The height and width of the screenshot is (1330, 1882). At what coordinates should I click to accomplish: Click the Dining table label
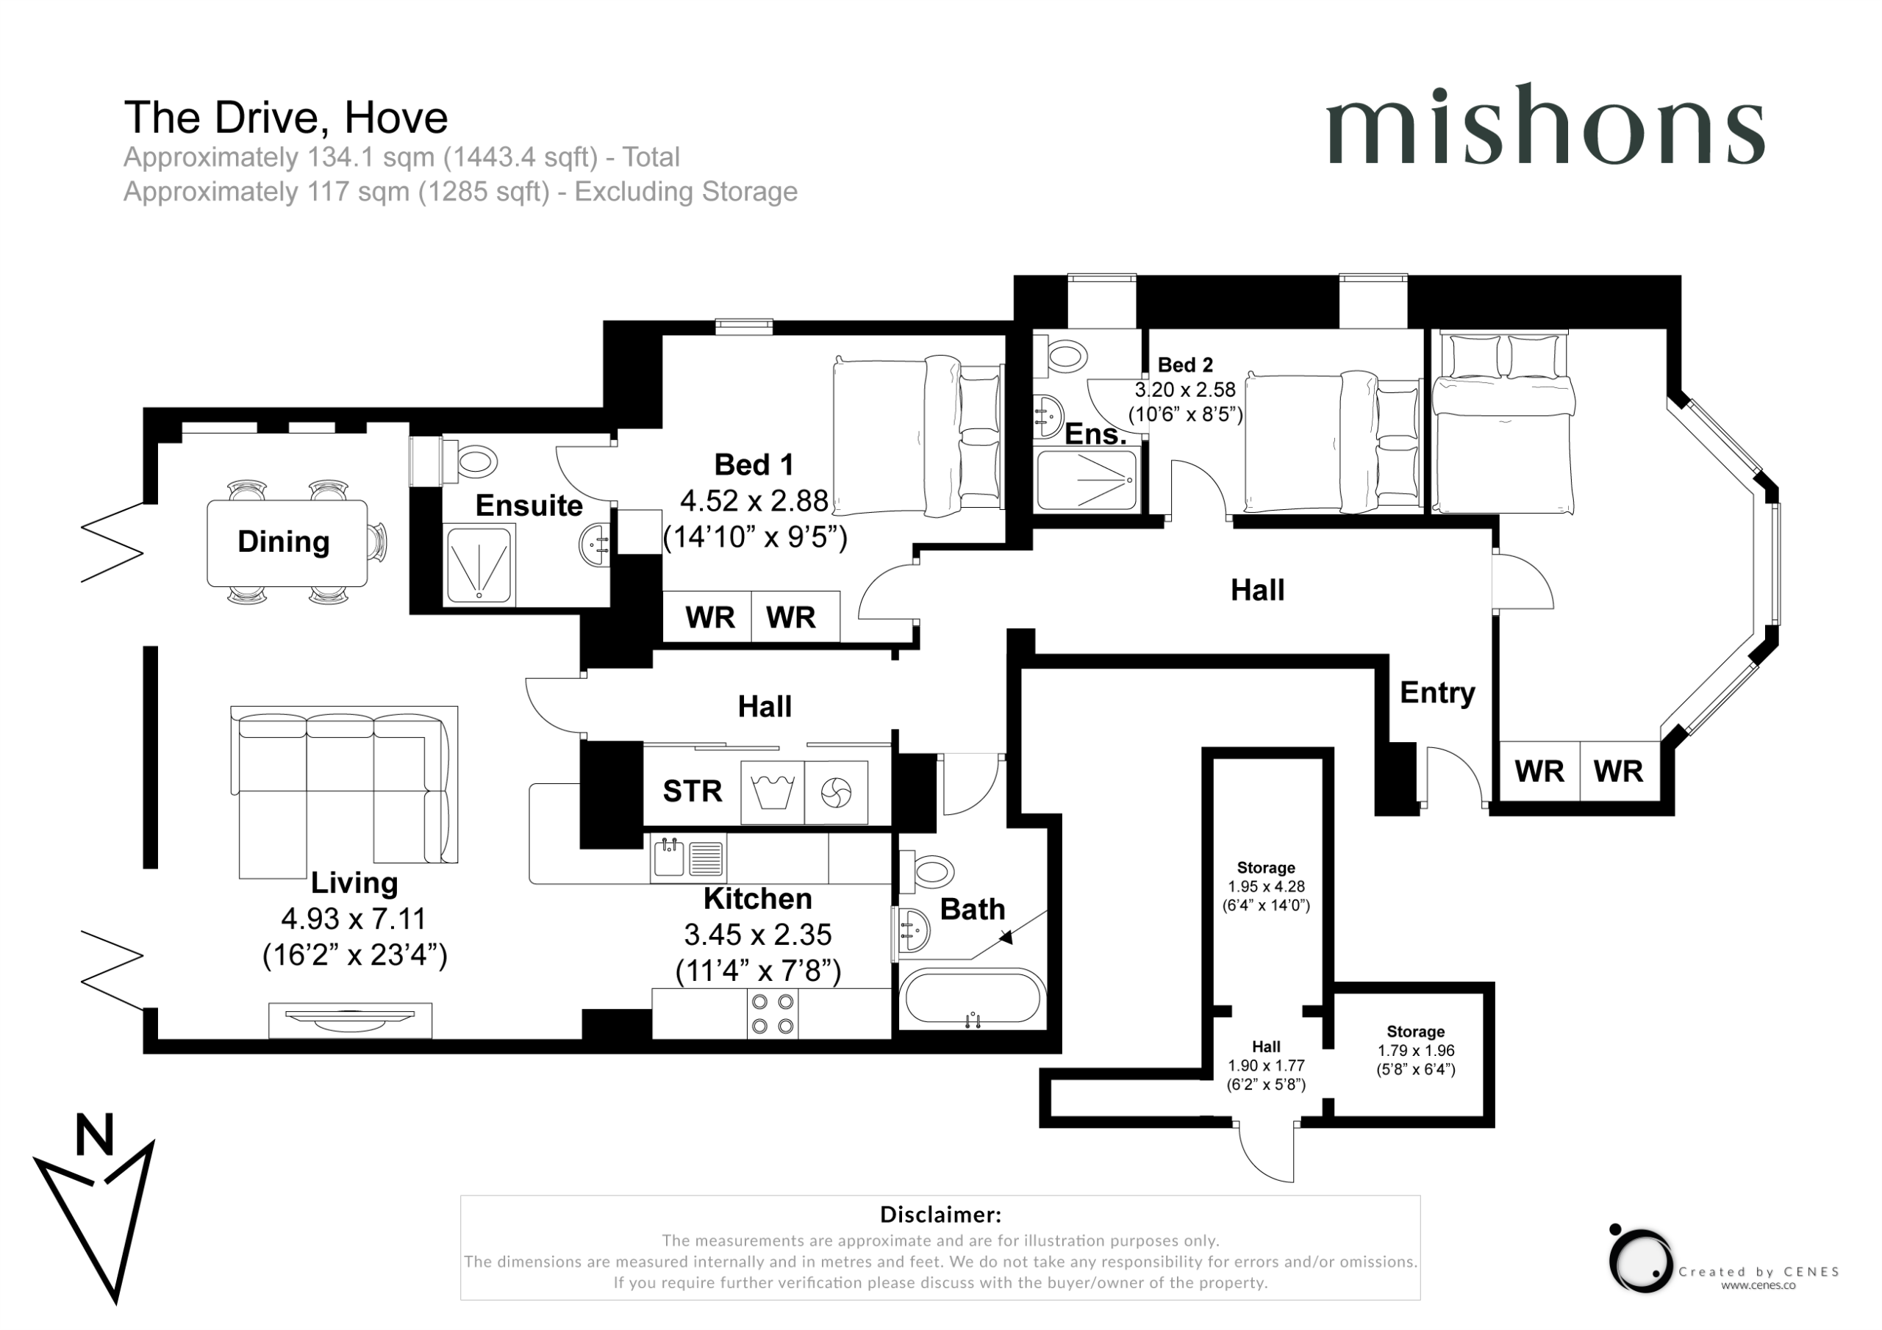(x=284, y=542)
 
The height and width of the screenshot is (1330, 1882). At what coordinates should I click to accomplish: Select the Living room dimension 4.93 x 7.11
(x=354, y=919)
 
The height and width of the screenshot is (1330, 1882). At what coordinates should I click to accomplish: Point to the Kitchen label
(x=757, y=899)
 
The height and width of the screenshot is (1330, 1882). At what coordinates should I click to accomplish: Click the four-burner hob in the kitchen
(x=772, y=1014)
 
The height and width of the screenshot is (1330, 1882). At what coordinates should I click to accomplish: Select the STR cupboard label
(x=693, y=791)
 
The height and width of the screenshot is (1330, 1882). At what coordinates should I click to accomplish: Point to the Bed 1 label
(x=754, y=464)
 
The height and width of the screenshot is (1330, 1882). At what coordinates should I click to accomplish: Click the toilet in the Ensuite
(x=470, y=462)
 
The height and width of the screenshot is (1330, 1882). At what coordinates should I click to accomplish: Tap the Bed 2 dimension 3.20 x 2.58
(x=1185, y=390)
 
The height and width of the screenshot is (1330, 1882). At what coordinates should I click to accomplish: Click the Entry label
(x=1437, y=692)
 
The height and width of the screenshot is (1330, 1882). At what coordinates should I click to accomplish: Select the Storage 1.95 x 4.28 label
(x=1266, y=887)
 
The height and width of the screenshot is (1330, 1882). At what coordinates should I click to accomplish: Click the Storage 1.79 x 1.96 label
(x=1416, y=1051)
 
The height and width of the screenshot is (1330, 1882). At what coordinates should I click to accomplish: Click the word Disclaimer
(x=940, y=1215)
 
